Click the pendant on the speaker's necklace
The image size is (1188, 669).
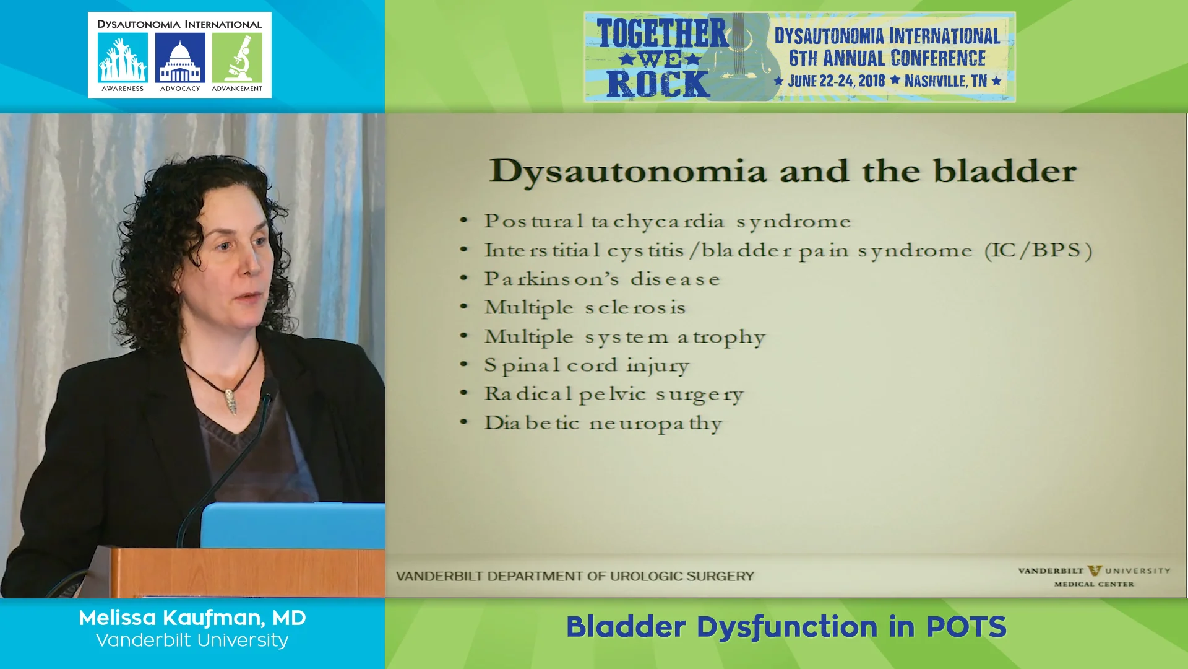[x=231, y=401]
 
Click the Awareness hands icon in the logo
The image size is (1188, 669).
[x=123, y=58]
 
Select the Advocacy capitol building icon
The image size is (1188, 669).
[x=180, y=58]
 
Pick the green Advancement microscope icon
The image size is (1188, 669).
[x=237, y=58]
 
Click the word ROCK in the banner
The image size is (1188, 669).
[x=657, y=84]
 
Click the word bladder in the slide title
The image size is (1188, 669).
[x=1004, y=171]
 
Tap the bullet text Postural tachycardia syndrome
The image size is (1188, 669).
[x=667, y=221]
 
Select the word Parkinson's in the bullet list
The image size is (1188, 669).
[x=551, y=279]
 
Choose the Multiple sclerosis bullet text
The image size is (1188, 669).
[x=585, y=308]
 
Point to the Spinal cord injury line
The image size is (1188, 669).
[x=586, y=365]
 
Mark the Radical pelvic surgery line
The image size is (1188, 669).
[x=613, y=395]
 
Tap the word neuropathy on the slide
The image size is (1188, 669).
[x=655, y=424]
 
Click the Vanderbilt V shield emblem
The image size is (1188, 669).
[x=1095, y=571]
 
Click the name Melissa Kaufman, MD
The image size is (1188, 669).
[x=192, y=618]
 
